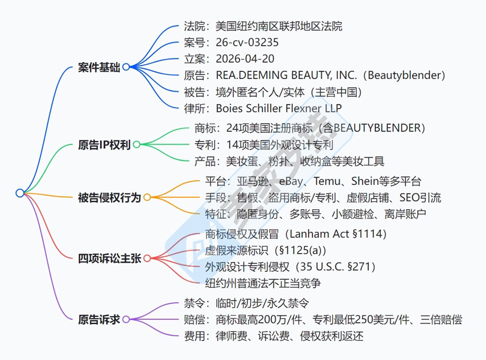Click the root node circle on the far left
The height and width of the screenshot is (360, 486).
coord(20,193)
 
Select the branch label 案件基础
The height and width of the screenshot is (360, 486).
coord(99,67)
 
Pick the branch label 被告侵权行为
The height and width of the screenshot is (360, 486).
coord(109,198)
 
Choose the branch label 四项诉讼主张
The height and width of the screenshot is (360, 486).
coord(109,258)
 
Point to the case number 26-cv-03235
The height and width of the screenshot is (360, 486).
coord(247,43)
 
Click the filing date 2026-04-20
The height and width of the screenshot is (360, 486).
coord(245,59)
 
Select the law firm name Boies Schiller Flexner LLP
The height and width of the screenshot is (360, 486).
coord(279,108)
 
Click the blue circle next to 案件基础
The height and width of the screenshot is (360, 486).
coord(126,67)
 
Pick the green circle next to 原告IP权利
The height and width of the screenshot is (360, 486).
coord(137,145)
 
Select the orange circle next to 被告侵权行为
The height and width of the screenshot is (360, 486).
coord(147,198)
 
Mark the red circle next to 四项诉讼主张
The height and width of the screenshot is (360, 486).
coord(147,258)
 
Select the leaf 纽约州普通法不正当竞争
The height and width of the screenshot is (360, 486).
coord(262,283)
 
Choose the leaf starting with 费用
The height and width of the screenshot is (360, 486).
coord(273,336)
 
